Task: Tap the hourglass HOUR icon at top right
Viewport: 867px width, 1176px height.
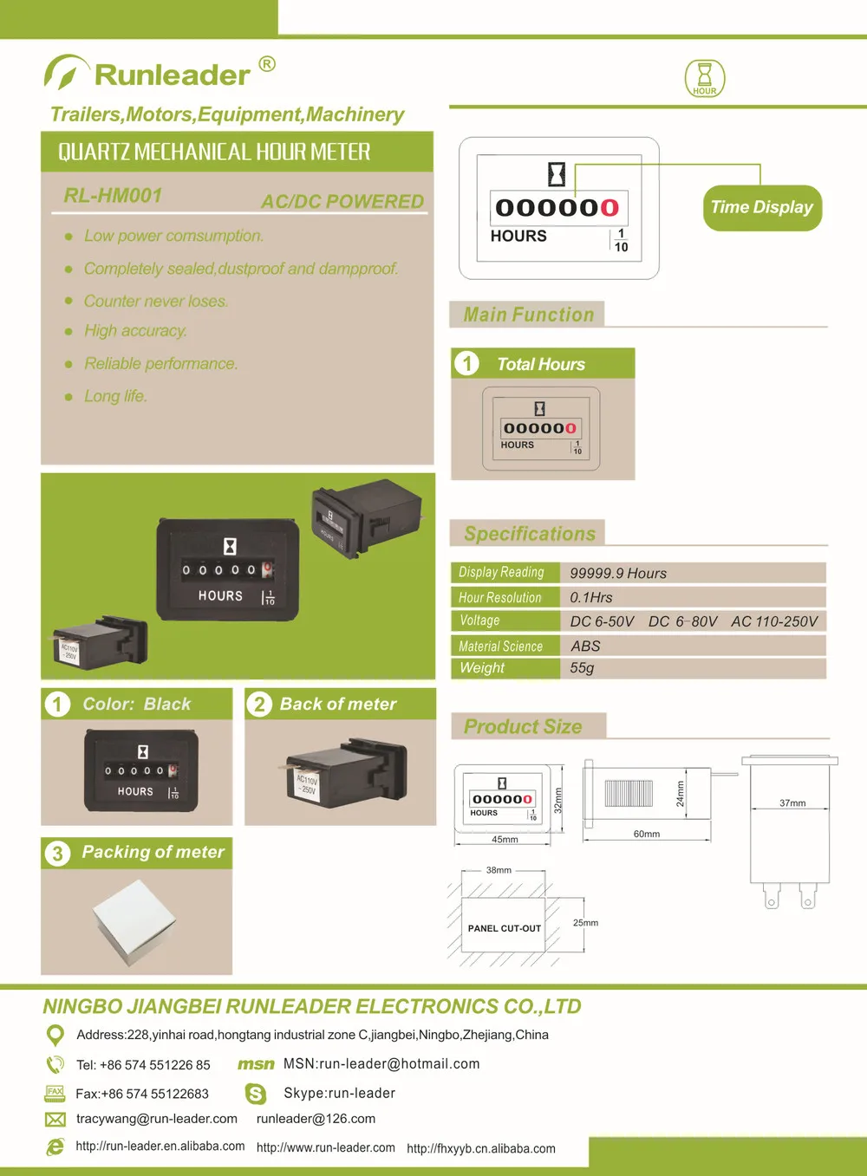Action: point(704,78)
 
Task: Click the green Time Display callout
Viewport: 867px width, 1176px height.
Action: point(761,208)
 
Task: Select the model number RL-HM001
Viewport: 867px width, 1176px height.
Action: point(113,196)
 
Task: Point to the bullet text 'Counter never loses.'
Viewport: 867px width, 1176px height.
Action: point(156,302)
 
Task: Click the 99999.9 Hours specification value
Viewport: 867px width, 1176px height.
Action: point(618,574)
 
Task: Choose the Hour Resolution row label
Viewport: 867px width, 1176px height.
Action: point(500,598)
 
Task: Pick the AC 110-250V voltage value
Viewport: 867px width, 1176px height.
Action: point(774,621)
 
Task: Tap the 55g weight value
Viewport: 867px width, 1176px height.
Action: point(582,668)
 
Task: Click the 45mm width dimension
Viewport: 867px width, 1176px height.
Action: point(505,840)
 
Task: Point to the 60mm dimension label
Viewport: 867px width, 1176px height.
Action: point(647,835)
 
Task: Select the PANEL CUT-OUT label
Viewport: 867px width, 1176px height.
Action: point(505,928)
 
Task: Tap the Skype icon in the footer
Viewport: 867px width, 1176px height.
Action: point(256,1095)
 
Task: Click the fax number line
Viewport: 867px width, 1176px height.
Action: point(142,1095)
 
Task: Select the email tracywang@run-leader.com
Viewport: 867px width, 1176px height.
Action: point(157,1119)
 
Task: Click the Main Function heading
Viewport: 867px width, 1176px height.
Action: point(529,315)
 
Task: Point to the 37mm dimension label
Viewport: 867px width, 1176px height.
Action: point(792,803)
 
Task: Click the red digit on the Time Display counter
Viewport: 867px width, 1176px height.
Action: point(610,208)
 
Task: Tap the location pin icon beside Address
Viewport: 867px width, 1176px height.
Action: point(55,1035)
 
